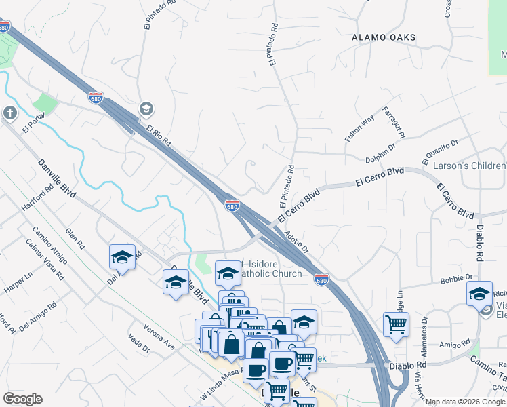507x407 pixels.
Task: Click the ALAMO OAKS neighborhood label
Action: coord(384,37)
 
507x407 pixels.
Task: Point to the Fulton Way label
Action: coord(359,128)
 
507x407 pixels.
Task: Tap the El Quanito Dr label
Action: coord(440,151)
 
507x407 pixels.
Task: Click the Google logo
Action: coord(22,399)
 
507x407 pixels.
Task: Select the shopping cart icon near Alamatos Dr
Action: coord(396,324)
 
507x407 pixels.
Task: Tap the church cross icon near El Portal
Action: coord(9,113)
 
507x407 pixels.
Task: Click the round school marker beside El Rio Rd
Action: coord(146,109)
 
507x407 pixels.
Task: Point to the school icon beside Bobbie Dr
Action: coord(479,293)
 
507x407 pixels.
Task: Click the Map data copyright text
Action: coord(466,402)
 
